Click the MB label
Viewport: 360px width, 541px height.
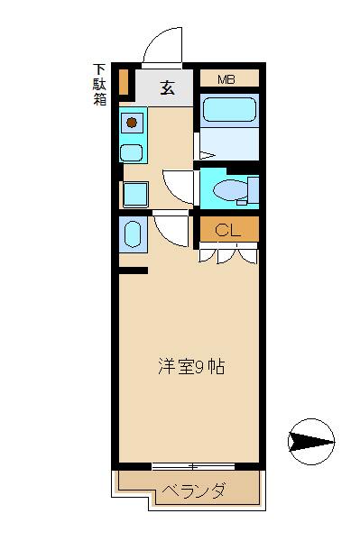pyautogui.click(x=226, y=79)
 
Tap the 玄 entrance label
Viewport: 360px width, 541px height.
pyautogui.click(x=168, y=87)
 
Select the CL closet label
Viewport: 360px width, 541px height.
pyautogui.click(x=227, y=230)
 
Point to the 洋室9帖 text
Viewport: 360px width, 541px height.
pyautogui.click(x=191, y=367)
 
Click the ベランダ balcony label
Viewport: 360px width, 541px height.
pyautogui.click(x=193, y=491)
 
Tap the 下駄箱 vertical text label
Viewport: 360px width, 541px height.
pyautogui.click(x=99, y=84)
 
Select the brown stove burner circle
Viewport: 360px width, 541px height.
pyautogui.click(x=132, y=122)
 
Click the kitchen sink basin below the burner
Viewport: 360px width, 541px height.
pyautogui.click(x=132, y=151)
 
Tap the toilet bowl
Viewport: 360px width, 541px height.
pyautogui.click(x=231, y=190)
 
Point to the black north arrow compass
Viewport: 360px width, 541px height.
pyautogui.click(x=310, y=441)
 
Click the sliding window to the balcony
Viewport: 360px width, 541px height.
pyautogui.click(x=189, y=466)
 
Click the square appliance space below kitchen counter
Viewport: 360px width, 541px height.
pyautogui.click(x=135, y=193)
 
